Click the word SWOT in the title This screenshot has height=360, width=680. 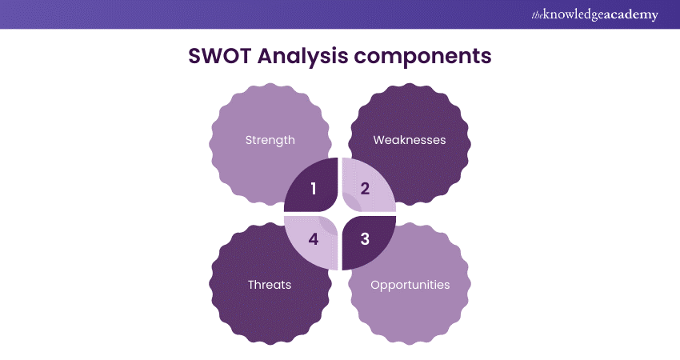tap(219, 56)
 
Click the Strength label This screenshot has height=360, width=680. tap(270, 140)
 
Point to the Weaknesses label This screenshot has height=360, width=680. tap(410, 140)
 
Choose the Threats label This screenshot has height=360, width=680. tap(270, 285)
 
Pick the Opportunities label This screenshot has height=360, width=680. tap(410, 286)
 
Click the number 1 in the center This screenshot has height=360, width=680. tap(314, 189)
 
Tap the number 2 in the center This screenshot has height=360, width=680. tap(365, 189)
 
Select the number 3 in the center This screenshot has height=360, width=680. tap(365, 239)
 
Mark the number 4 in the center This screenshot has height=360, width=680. tap(314, 239)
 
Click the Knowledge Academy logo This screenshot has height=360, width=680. tap(595, 14)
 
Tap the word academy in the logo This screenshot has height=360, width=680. tap(631, 14)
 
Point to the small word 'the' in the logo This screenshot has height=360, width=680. tap(538, 16)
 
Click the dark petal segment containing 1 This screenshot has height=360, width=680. tap(311, 185)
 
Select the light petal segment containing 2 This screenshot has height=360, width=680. tap(369, 185)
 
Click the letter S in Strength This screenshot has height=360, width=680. tap(249, 140)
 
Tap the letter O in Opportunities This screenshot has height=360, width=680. tap(375, 285)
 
